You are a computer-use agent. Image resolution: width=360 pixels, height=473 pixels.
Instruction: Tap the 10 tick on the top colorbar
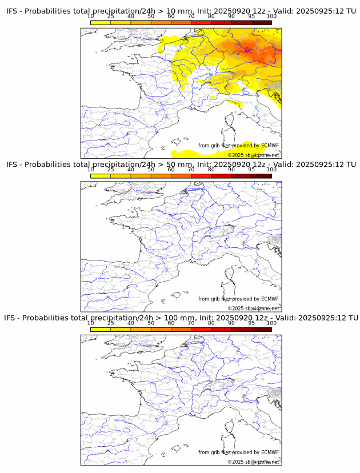[x=91, y=16]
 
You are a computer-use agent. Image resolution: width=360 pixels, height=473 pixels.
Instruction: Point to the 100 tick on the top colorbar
[x=271, y=16]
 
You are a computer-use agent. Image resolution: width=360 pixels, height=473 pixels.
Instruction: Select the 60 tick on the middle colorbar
[x=171, y=170]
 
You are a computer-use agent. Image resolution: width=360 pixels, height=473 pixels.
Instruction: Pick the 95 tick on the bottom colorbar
[x=251, y=323]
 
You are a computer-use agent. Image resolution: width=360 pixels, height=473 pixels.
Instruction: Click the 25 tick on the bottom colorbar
[x=110, y=323]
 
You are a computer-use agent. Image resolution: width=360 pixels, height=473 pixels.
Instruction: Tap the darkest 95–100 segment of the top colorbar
[x=261, y=22]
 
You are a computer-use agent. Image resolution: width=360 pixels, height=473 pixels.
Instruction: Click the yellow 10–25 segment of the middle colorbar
[x=101, y=176]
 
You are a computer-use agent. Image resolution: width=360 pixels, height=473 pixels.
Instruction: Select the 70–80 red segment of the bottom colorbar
[x=201, y=329]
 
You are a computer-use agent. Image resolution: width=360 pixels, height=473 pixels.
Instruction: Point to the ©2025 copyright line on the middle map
[x=254, y=308]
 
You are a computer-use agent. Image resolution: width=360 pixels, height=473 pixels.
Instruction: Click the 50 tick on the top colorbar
[x=151, y=16]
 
